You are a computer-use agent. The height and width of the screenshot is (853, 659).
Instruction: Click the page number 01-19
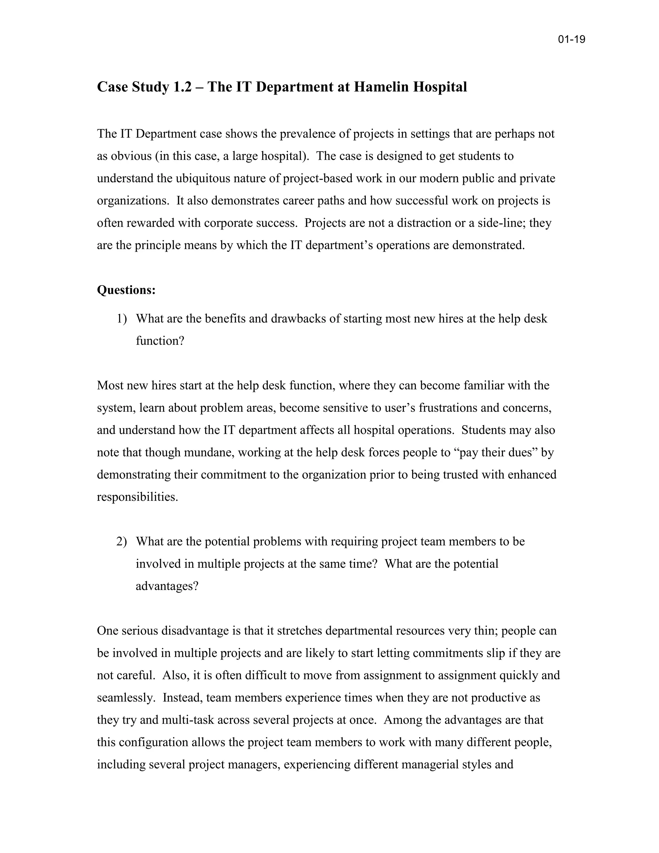571,40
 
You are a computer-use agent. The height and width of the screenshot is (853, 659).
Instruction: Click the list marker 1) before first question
122,319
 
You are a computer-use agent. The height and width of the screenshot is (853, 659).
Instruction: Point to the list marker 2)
122,542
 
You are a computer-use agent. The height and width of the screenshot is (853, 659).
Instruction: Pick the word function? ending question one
160,341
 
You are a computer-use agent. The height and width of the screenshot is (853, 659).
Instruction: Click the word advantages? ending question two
167,586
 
